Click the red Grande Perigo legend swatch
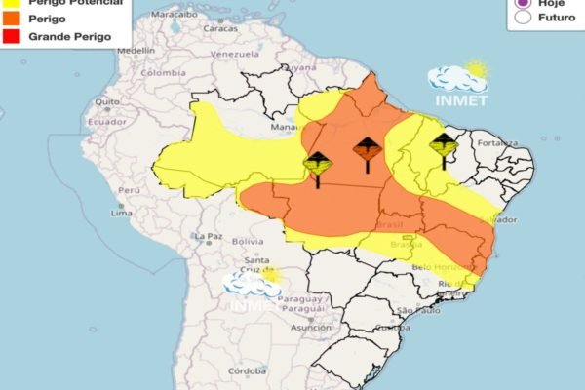(x=13, y=36)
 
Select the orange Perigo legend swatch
(x=13, y=19)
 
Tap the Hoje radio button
(x=524, y=3)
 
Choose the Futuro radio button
(x=524, y=17)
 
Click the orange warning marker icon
(x=367, y=150)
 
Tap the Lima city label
(x=121, y=213)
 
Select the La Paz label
(x=208, y=236)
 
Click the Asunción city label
(x=310, y=328)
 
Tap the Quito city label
(x=107, y=101)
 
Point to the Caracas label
(x=221, y=29)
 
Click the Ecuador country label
(x=107, y=122)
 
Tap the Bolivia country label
(x=248, y=241)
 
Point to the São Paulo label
(x=414, y=311)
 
